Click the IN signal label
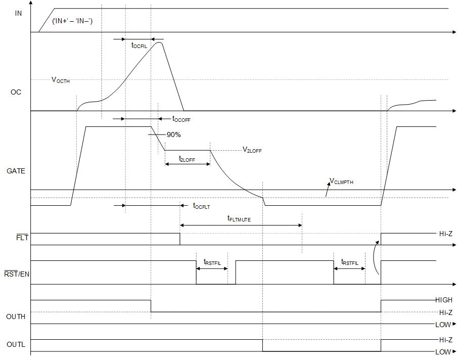[x=19, y=13]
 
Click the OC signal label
[x=16, y=93]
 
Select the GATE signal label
[x=16, y=171]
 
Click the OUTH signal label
[x=16, y=317]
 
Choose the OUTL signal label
[x=16, y=345]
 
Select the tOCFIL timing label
[x=139, y=46]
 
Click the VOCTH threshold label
[x=61, y=80]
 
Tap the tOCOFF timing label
[x=181, y=119]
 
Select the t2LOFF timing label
[x=187, y=159]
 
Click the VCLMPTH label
[x=341, y=181]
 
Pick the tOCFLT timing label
[x=201, y=206]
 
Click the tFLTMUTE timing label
[x=239, y=219]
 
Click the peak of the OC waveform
[x=160, y=42]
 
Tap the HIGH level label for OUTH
[x=443, y=300]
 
